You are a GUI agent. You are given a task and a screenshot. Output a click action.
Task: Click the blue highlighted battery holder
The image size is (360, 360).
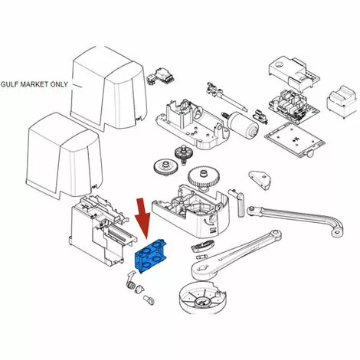(x=150, y=256)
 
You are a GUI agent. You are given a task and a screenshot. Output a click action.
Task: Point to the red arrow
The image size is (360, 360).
(x=144, y=218)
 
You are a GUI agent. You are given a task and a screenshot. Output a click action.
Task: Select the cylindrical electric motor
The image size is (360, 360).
(x=243, y=125)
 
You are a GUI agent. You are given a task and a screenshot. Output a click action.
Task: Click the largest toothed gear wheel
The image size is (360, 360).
(x=204, y=178)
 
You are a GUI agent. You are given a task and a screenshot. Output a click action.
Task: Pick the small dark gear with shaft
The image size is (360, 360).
(x=184, y=154)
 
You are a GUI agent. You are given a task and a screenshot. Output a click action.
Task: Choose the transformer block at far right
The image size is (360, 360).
(x=342, y=102)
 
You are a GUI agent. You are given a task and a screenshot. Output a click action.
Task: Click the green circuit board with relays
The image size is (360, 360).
(x=293, y=104)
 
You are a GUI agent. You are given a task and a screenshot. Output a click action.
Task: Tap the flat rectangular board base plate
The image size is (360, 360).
(x=294, y=139)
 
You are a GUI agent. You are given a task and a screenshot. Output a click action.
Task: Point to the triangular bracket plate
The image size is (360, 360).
(x=260, y=180)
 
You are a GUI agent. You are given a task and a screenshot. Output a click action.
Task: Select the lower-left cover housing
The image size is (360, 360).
(x=64, y=155)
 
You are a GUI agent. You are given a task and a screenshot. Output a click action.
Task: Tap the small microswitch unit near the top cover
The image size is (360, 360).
(x=161, y=76)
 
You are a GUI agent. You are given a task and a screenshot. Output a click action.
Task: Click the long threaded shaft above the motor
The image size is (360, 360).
(x=227, y=97)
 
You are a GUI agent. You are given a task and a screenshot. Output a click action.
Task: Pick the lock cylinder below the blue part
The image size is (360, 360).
(x=131, y=284)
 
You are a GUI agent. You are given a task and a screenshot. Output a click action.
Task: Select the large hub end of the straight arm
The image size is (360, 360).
(x=204, y=270)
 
